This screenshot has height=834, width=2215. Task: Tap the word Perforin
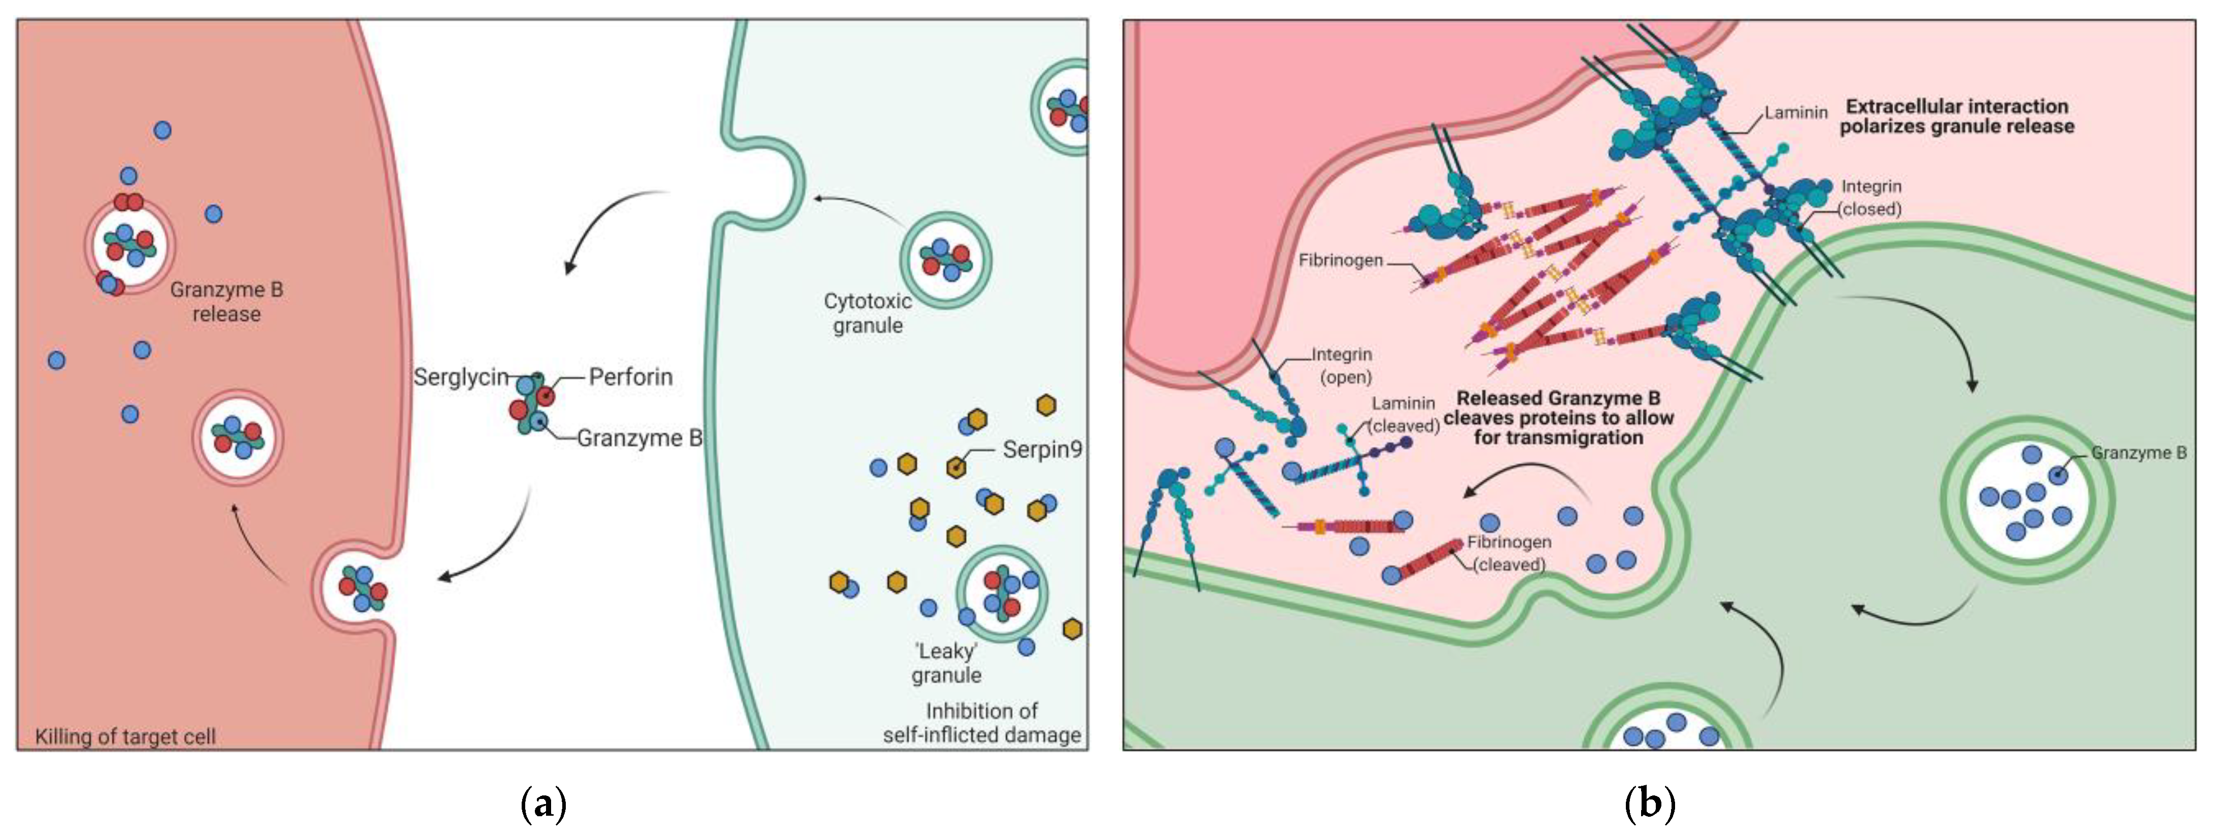[x=630, y=377]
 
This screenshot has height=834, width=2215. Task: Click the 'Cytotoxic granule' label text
[x=868, y=313]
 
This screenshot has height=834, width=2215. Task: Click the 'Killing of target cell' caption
[x=125, y=736]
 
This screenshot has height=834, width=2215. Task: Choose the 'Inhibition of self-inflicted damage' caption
[x=982, y=723]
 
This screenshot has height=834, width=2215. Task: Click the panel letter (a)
[x=544, y=804]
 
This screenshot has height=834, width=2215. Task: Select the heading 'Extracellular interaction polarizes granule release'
[x=1956, y=116]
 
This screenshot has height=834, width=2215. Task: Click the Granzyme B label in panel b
[x=2138, y=453]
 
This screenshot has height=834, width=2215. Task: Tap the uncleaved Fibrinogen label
[x=1341, y=260]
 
